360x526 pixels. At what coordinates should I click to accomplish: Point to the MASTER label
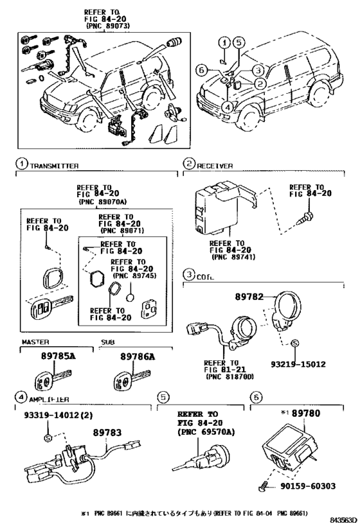tap(36, 342)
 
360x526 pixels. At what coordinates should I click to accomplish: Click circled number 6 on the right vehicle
tap(201, 69)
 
